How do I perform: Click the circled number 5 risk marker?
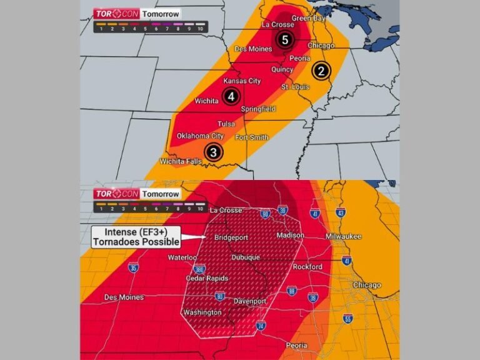(x=284, y=40)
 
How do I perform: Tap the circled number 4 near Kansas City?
(x=231, y=96)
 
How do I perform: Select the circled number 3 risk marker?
(x=214, y=152)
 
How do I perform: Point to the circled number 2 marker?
(x=321, y=71)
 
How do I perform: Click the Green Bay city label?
(x=309, y=18)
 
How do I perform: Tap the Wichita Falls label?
(x=181, y=161)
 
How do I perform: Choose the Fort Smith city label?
(x=251, y=137)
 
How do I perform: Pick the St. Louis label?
(x=295, y=86)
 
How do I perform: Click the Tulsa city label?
(x=226, y=124)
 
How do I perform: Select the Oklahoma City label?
(x=200, y=136)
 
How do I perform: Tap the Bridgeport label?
(x=231, y=238)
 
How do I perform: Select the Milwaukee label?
(x=343, y=237)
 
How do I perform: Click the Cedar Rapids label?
(x=207, y=278)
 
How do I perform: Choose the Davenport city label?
(x=250, y=301)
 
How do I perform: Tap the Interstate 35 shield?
(x=134, y=268)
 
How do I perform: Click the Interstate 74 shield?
(x=261, y=325)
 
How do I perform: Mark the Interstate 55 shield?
(x=347, y=319)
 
